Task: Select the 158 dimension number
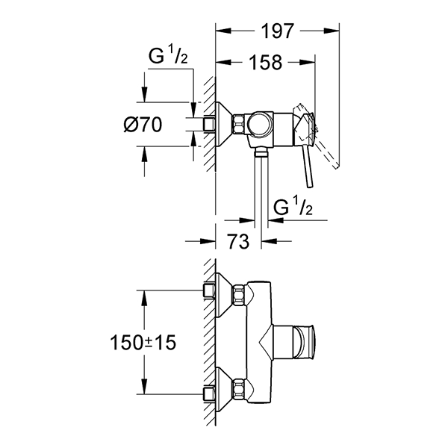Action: click(265, 63)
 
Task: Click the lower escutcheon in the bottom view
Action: click(219, 387)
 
